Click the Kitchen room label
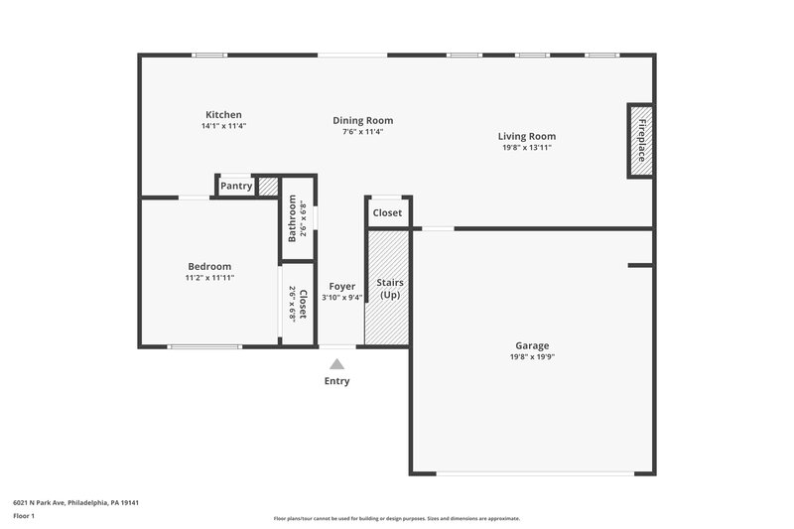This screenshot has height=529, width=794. click(x=223, y=115)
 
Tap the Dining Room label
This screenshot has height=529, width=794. click(x=362, y=121)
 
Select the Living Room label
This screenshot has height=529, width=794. click(x=526, y=136)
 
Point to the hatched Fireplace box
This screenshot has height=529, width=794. click(x=641, y=140)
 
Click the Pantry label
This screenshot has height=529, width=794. click(x=236, y=186)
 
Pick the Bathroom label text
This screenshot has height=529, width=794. click(x=293, y=218)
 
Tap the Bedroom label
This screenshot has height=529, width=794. click(x=209, y=266)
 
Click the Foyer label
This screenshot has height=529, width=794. click(x=342, y=286)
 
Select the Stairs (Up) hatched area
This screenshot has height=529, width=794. click(x=387, y=288)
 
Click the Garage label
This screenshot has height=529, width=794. click(x=532, y=345)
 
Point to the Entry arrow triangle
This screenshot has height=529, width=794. click(x=337, y=364)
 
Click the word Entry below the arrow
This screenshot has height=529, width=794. click(x=337, y=381)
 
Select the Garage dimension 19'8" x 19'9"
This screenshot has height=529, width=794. click(x=532, y=357)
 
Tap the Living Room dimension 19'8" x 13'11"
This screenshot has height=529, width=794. click(x=526, y=148)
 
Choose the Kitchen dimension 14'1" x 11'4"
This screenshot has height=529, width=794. click(x=223, y=127)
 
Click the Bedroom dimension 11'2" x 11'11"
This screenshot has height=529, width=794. click(x=209, y=278)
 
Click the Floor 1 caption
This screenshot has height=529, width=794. click(x=24, y=517)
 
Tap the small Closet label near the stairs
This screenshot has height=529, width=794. click(x=387, y=212)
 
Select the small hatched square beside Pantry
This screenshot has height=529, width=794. click(x=267, y=185)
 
